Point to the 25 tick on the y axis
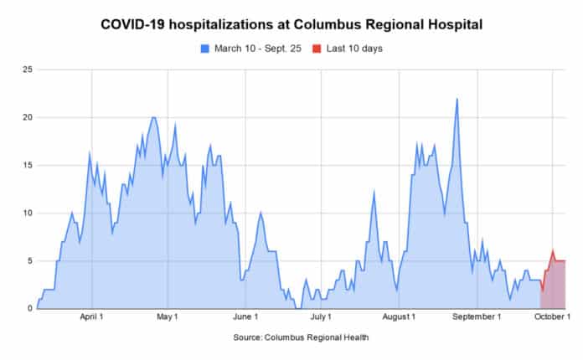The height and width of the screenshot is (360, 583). click(27, 69)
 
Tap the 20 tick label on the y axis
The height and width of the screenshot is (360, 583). click(27, 117)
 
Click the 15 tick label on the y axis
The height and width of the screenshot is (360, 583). click(27, 165)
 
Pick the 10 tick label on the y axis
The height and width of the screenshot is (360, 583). click(27, 213)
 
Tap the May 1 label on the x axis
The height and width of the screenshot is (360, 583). click(168, 317)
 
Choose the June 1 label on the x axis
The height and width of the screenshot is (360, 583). click(245, 317)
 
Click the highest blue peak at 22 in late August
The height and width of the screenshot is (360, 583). click(457, 99)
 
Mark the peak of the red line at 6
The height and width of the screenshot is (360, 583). click(553, 251)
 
